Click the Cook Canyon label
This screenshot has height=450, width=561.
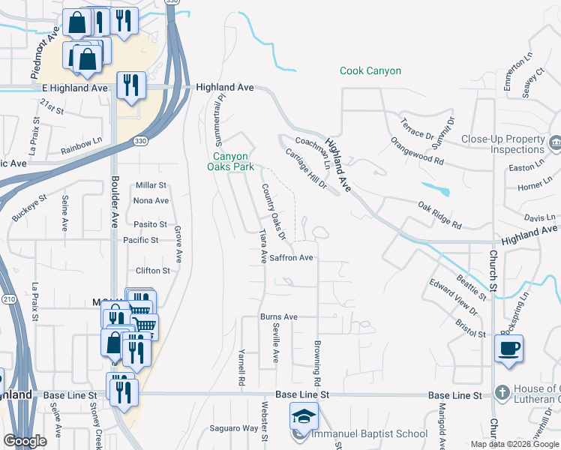coord(370,71)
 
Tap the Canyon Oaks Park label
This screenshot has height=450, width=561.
coord(230,161)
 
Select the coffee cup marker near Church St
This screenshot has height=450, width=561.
coord(508,349)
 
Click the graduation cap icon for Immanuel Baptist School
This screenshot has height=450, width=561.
coord(304,418)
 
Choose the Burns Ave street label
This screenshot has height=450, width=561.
coord(279,317)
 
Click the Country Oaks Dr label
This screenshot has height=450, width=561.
coord(273,211)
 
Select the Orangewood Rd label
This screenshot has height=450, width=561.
coord(417,151)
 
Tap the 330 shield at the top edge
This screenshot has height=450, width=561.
coord(172,2)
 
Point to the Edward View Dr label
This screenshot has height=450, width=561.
coord(453,296)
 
